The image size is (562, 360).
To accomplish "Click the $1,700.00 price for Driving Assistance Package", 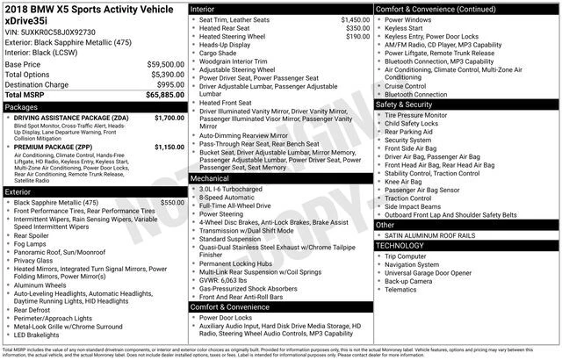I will pyautogui.click(x=169, y=117).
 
